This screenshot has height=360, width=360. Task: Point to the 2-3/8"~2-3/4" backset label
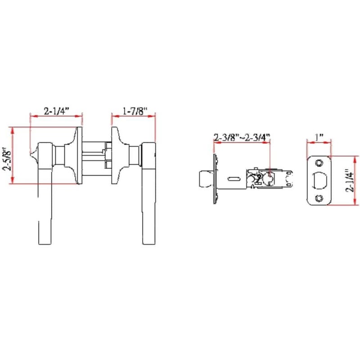point(242,138)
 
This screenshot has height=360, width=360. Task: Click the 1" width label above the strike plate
point(319,138)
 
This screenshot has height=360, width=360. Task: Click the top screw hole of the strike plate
point(319,163)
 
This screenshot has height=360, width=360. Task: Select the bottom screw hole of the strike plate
point(319,198)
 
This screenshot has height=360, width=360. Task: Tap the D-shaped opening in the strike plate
point(319,180)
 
